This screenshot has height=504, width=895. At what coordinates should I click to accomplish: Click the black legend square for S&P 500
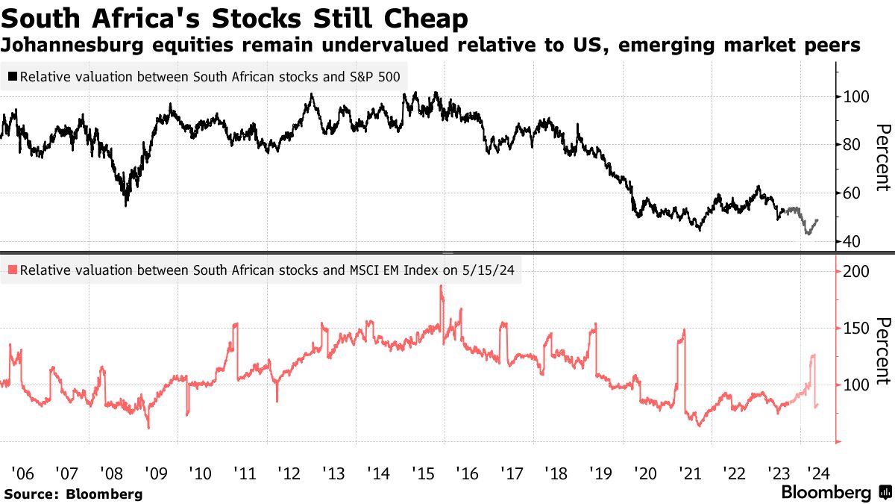(13, 77)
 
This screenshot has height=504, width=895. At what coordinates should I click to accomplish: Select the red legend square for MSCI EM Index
(13, 272)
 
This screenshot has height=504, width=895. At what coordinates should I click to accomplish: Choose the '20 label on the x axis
(644, 473)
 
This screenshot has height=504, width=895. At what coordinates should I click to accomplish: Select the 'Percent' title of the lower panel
(883, 351)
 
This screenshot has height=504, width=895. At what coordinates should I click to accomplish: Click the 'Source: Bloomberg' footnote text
(73, 494)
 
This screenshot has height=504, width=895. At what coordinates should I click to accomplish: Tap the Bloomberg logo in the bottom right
(835, 493)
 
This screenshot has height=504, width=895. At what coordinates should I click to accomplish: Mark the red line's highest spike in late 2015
(442, 287)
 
